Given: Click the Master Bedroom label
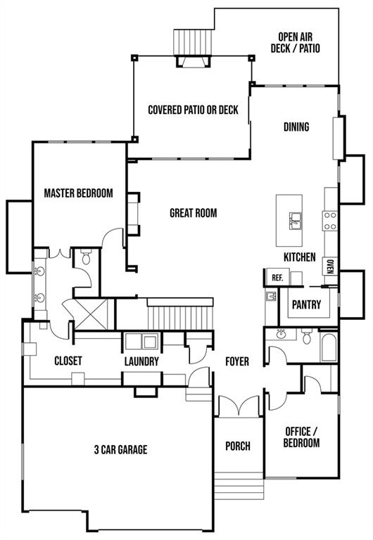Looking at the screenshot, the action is pyautogui.click(x=78, y=193).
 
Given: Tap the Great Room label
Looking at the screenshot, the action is pyautogui.click(x=194, y=213).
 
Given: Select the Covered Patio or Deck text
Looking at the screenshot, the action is pyautogui.click(x=193, y=110).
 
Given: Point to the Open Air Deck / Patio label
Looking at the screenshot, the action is pyautogui.click(x=296, y=42).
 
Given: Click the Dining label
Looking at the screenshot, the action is pyautogui.click(x=296, y=127).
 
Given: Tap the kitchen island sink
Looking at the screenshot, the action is pyautogui.click(x=296, y=221).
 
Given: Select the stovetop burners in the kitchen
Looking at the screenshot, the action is pyautogui.click(x=330, y=221).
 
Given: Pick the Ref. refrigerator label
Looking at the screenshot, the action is pyautogui.click(x=277, y=278).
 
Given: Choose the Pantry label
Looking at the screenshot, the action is pyautogui.click(x=306, y=304).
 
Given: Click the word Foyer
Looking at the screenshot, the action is pyautogui.click(x=237, y=361).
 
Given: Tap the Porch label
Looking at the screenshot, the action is pyautogui.click(x=238, y=446).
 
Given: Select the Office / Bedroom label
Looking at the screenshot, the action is pyautogui.click(x=301, y=437).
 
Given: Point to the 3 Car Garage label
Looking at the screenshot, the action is pyautogui.click(x=120, y=449).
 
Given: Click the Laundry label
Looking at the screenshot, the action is pyautogui.click(x=141, y=361).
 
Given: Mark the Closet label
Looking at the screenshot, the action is pyautogui.click(x=68, y=361).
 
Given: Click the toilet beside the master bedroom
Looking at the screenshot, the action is pyautogui.click(x=86, y=257).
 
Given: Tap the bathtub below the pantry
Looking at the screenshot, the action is pyautogui.click(x=329, y=347).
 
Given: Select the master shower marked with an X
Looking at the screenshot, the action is pyautogui.click(x=91, y=315).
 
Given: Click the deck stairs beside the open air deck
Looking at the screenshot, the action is pyautogui.click(x=194, y=42).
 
